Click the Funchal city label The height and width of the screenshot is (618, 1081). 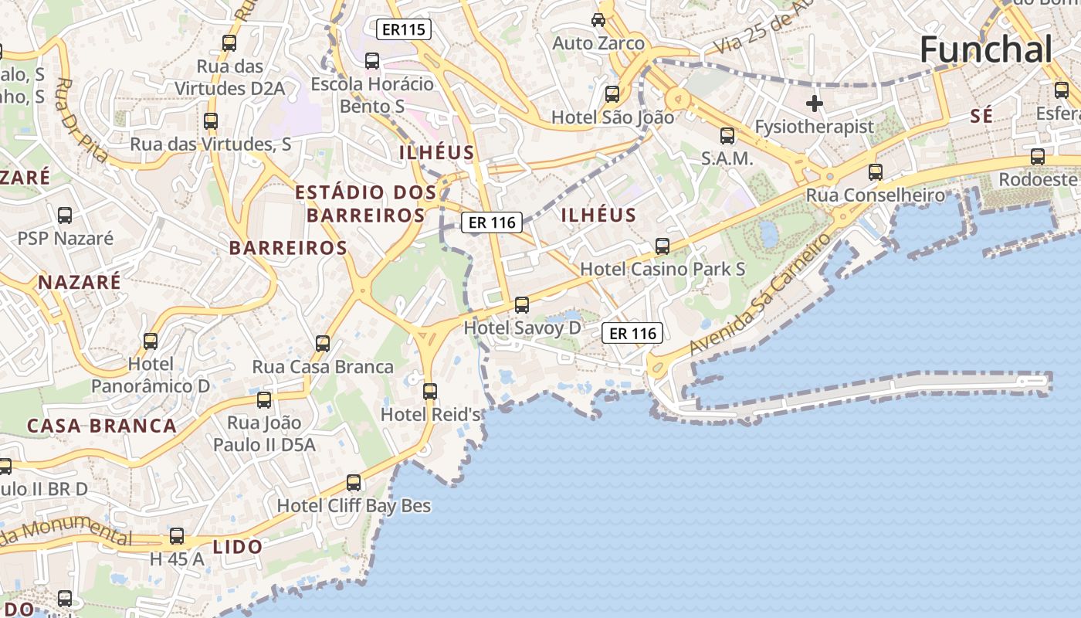(x=986, y=50)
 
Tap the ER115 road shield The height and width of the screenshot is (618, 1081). (x=403, y=30)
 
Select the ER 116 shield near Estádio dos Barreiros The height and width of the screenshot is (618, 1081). (x=492, y=222)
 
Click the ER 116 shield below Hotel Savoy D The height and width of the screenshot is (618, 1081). (x=632, y=333)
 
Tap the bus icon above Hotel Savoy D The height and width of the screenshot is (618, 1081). (x=522, y=305)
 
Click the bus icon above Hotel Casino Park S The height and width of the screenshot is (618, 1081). (x=662, y=246)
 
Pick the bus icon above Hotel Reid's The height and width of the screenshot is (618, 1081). (x=430, y=392)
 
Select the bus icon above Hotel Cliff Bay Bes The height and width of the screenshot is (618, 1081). (x=354, y=483)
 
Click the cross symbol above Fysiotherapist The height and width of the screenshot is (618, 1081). (x=814, y=104)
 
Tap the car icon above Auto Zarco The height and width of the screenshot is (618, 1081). (x=598, y=19)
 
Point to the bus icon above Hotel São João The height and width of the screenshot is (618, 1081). (x=612, y=94)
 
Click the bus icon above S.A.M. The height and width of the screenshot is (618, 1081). (x=727, y=136)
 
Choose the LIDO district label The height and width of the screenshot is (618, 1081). (x=238, y=547)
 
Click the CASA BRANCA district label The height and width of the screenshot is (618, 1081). (x=102, y=426)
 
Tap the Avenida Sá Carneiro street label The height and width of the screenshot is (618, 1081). (x=761, y=294)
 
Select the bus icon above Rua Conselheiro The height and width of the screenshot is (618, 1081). (x=875, y=172)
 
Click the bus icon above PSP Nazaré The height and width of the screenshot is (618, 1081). (x=65, y=216)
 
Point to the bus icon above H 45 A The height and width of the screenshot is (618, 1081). (x=177, y=536)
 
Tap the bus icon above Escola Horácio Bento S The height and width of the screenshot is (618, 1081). (x=372, y=60)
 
